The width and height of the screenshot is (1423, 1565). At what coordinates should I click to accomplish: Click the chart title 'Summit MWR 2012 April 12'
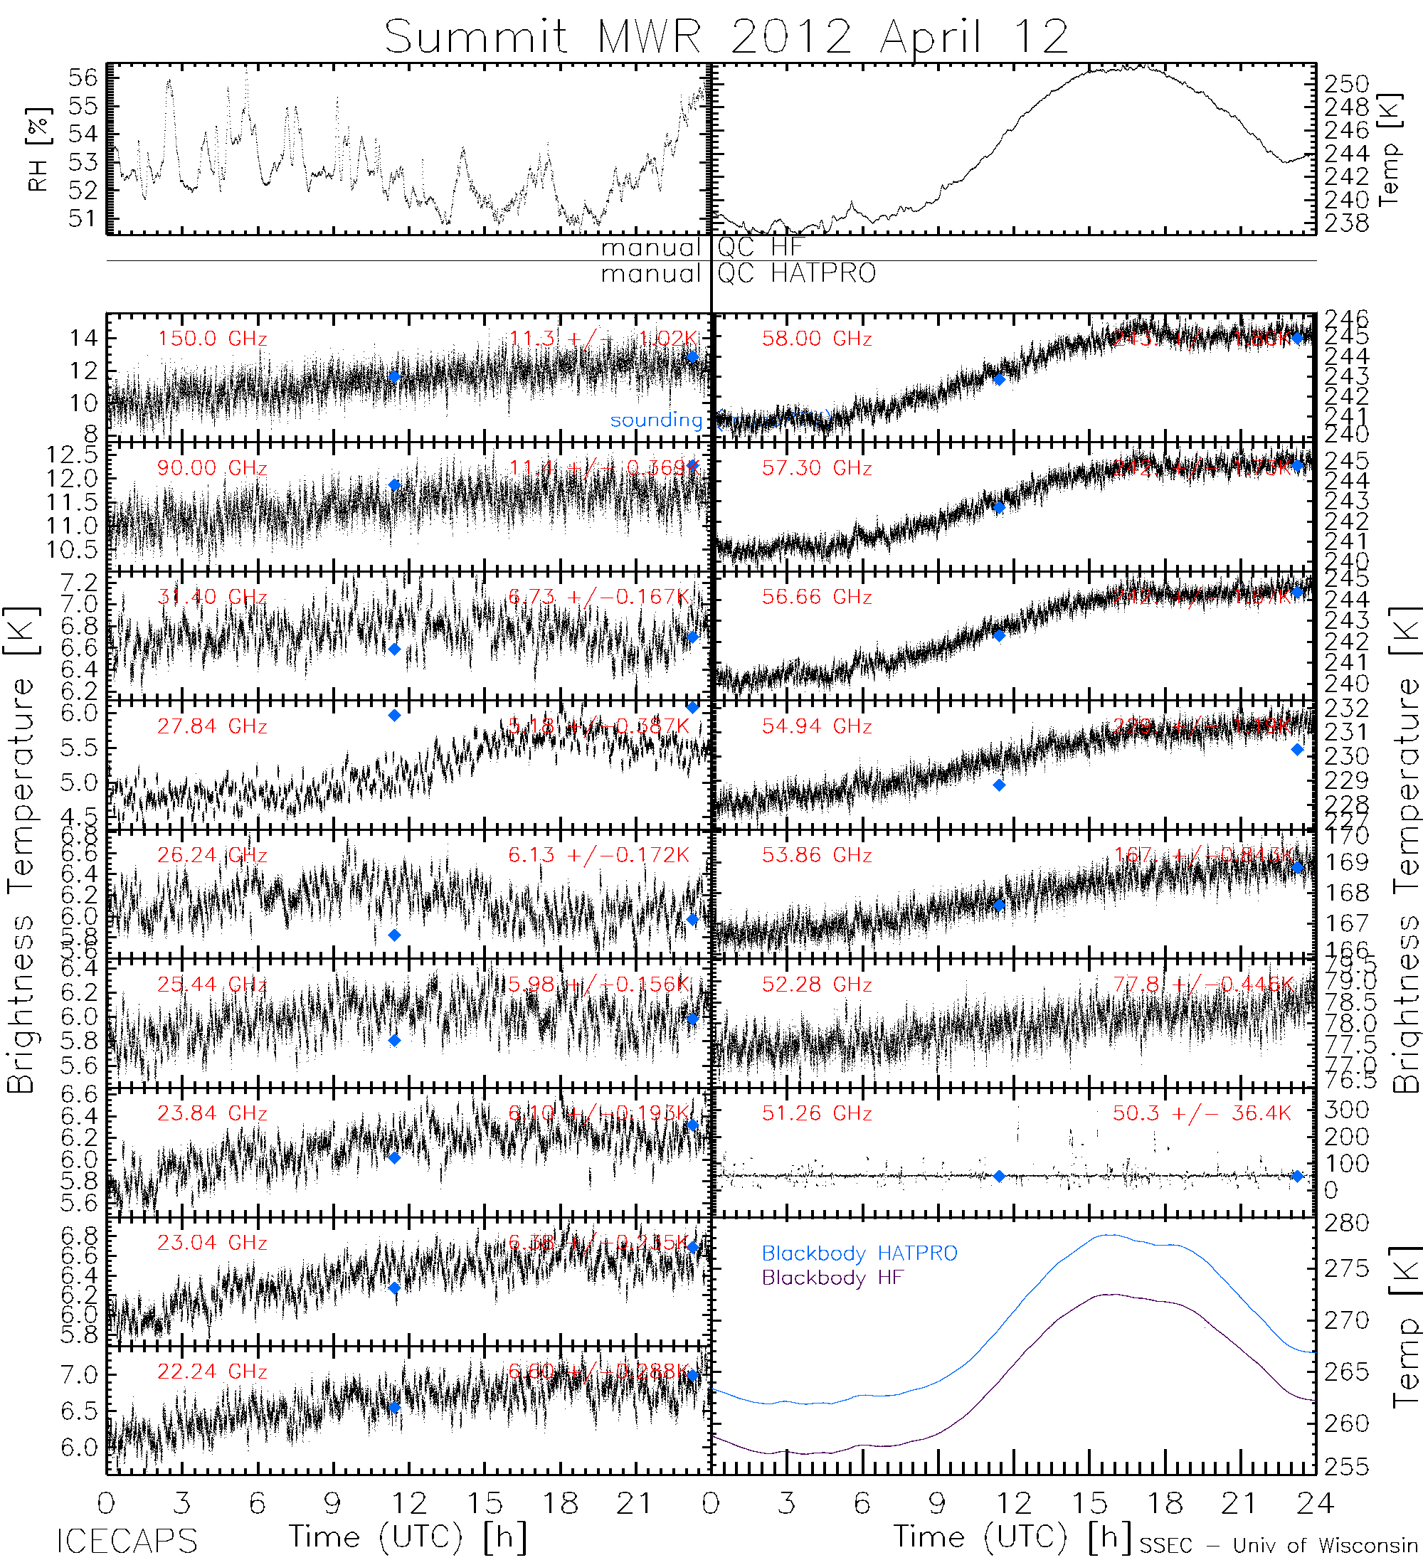726,36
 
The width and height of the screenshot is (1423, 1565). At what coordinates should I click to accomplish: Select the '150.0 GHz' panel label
212,339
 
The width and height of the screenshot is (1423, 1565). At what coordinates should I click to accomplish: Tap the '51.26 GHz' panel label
816,1114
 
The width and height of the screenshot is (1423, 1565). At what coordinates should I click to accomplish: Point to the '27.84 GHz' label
212,726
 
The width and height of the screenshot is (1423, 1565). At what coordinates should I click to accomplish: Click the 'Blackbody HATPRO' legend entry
859,1253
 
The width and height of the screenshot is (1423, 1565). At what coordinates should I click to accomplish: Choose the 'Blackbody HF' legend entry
832,1278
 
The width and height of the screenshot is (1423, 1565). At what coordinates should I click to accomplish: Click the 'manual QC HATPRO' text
738,274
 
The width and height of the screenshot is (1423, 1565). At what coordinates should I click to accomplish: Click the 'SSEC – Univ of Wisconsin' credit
1278,1546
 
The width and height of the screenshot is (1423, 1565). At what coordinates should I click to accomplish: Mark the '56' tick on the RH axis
83,78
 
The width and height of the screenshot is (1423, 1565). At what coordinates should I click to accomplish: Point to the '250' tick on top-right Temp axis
1346,84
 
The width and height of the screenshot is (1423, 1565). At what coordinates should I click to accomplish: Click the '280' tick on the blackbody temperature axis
1346,1224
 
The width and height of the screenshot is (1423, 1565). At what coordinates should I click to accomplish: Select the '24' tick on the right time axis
1314,1505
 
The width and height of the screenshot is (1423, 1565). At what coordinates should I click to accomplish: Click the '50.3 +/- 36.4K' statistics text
1201,1114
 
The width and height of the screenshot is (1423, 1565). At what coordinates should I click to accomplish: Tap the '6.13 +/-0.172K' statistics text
598,856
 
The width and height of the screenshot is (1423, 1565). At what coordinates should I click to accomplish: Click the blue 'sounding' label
655,420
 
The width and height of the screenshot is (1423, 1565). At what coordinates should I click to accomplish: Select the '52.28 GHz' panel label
816,985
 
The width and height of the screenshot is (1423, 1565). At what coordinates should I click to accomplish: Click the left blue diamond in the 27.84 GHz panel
394,716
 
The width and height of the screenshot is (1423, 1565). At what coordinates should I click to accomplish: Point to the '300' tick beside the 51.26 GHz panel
1346,1110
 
